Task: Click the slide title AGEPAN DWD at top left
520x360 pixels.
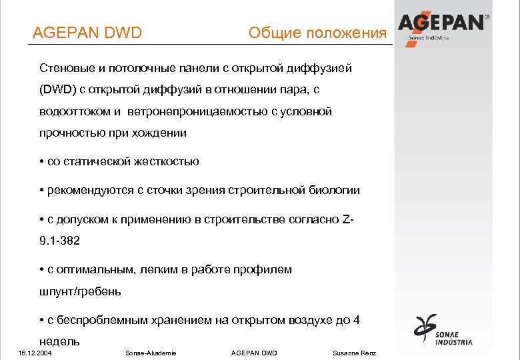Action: click(x=87, y=33)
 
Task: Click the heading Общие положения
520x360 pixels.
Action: click(x=317, y=33)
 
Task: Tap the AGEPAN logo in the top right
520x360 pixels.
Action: click(x=443, y=25)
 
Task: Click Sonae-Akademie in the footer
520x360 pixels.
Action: click(x=151, y=353)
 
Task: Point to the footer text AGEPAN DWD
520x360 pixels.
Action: click(x=253, y=353)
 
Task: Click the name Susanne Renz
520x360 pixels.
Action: click(x=354, y=353)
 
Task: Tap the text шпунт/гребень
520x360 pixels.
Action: click(x=81, y=291)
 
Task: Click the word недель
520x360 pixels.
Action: click(x=60, y=341)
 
